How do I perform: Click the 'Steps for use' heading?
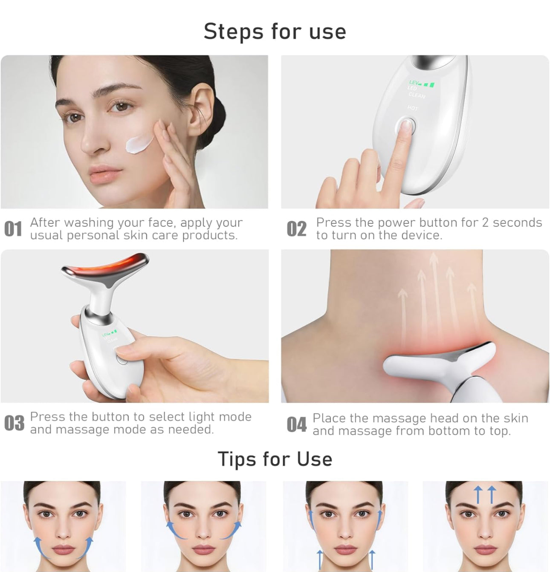[x=275, y=32]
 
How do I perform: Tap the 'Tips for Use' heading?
[x=275, y=459]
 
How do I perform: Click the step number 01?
[x=13, y=229]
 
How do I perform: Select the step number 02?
[x=296, y=229]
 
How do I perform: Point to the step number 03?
[x=14, y=423]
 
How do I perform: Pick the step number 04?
[x=297, y=425]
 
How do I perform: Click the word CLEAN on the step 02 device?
[x=417, y=95]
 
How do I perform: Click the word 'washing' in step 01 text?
[x=89, y=223]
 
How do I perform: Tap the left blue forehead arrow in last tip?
[x=478, y=495]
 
